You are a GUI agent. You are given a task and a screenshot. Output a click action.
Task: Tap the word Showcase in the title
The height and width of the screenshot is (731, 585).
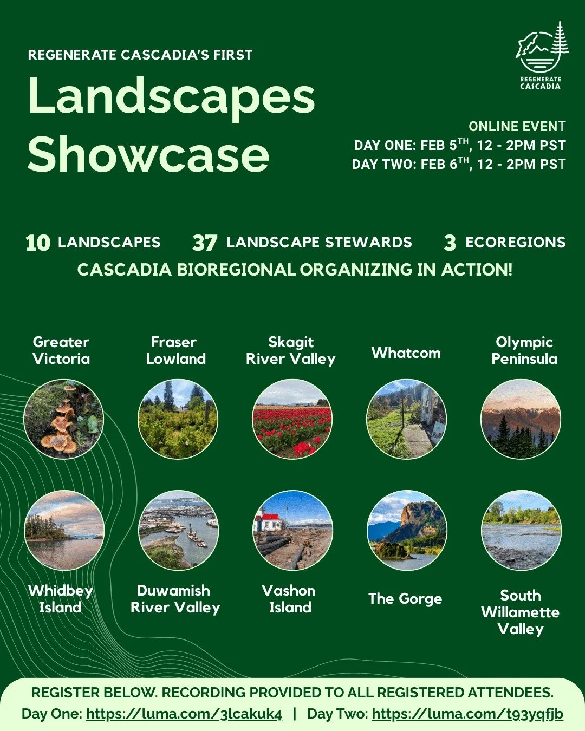148,154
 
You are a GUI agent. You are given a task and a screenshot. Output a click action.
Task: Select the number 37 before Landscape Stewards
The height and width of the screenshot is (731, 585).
205,243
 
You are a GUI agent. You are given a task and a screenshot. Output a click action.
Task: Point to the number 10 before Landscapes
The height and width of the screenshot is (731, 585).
38,243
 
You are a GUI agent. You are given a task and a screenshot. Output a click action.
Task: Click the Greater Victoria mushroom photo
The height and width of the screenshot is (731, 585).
64,419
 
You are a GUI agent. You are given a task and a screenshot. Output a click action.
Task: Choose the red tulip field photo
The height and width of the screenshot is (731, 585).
292,419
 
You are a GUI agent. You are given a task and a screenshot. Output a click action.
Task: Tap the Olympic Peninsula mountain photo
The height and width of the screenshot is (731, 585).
521,419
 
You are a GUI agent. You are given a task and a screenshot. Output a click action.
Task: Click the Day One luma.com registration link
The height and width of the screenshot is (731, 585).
184,714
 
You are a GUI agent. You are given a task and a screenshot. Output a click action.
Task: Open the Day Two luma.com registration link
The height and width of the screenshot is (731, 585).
467,714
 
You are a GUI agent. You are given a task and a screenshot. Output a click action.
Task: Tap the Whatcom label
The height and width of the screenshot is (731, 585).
406,353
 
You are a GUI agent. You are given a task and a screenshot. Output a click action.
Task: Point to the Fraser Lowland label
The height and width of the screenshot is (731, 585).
175,350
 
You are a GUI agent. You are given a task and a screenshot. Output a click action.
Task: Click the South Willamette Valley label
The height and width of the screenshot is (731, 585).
521,612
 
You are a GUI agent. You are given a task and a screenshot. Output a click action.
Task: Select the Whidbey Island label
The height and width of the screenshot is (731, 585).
61,599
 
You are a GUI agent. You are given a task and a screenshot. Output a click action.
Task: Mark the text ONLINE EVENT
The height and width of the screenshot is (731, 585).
517,127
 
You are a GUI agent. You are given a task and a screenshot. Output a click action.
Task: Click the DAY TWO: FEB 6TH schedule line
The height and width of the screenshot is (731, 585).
458,164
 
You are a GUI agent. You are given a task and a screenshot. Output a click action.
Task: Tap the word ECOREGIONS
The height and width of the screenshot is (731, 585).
515,242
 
